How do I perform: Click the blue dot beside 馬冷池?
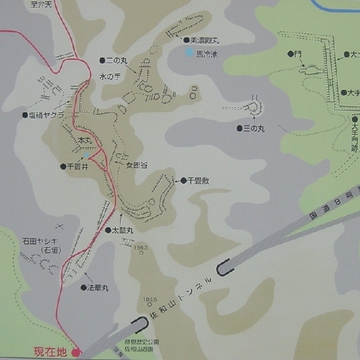(189, 50)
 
